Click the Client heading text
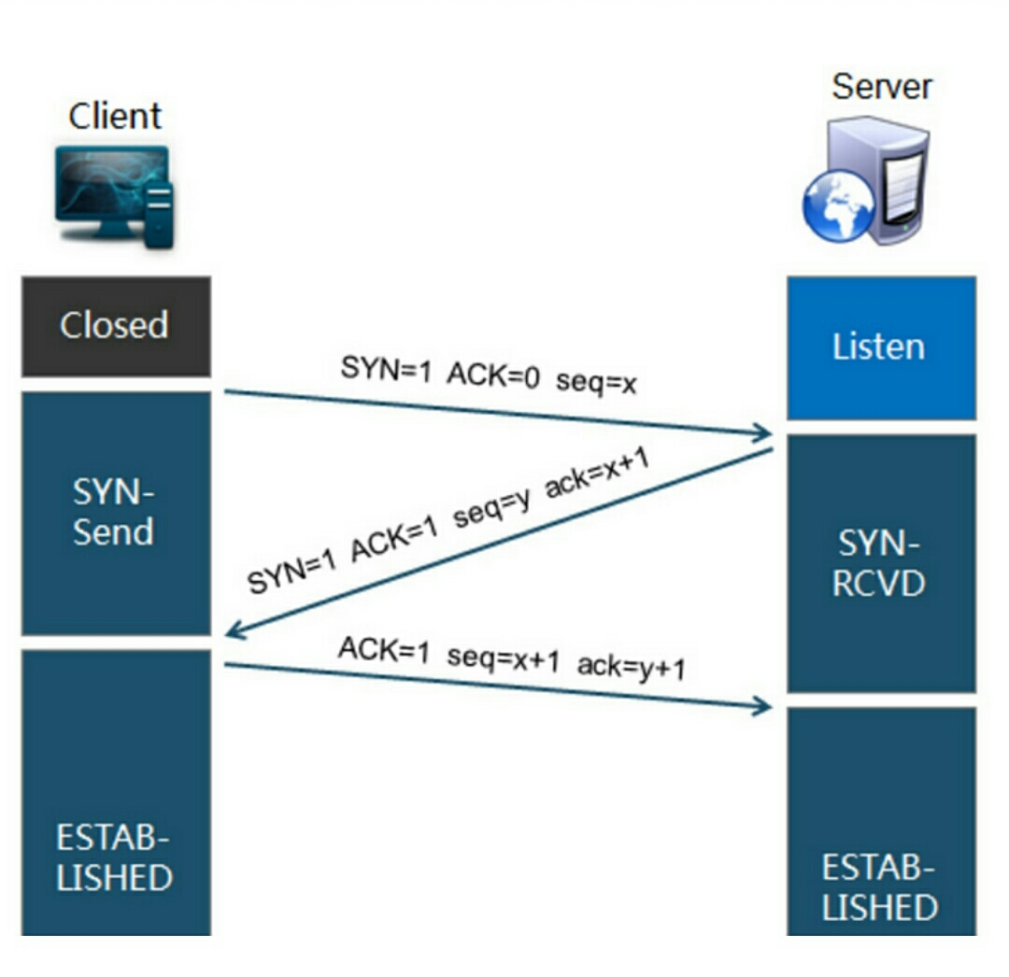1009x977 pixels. pyautogui.click(x=115, y=116)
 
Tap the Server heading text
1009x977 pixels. pyautogui.click(x=882, y=87)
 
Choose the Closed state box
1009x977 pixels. pyautogui.click(x=115, y=325)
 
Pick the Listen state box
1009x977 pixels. pyautogui.click(x=879, y=347)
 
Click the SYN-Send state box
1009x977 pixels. pyautogui.click(x=115, y=512)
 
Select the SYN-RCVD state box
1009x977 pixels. pyautogui.click(x=879, y=562)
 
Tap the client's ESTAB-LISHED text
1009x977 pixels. pyautogui.click(x=115, y=857)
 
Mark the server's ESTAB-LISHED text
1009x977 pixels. pyautogui.click(x=879, y=887)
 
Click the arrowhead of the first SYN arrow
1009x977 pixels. pyautogui.click(x=764, y=432)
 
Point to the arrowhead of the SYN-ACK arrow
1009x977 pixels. pyautogui.click(x=234, y=632)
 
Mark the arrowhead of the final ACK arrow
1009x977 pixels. pyautogui.click(x=764, y=706)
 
